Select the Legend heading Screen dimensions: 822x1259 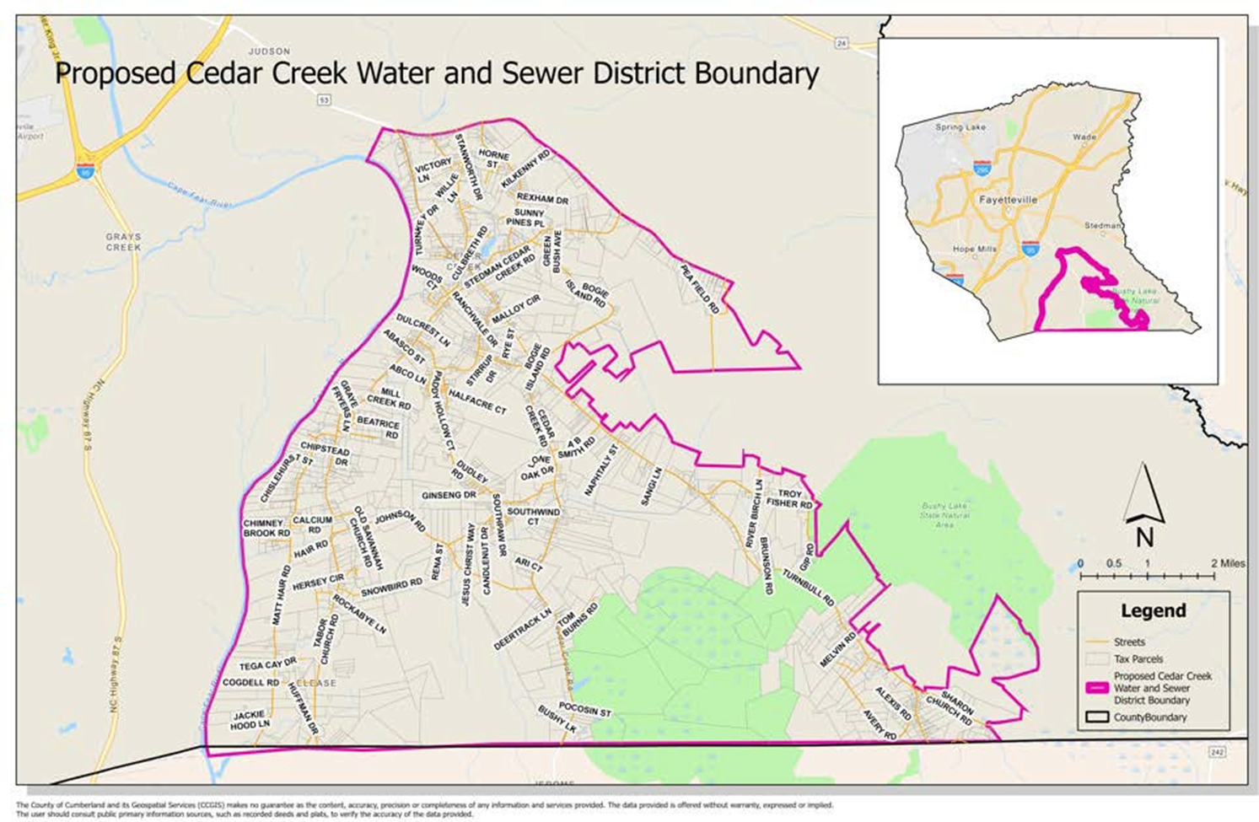[1153, 610]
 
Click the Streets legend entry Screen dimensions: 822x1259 [1129, 642]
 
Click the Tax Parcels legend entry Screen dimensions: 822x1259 [1138, 659]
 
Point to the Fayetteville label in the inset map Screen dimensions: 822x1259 [1008, 200]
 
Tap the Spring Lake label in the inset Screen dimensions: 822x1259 [960, 127]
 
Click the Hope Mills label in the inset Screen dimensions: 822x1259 [974, 250]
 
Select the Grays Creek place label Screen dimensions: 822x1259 [123, 242]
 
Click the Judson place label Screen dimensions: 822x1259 [270, 51]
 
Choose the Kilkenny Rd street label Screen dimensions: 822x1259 [525, 169]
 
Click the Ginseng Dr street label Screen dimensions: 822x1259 [449, 495]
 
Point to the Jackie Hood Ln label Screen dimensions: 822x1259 [250, 719]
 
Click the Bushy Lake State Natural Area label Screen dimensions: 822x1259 [944, 515]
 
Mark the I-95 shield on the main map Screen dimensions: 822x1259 [85, 169]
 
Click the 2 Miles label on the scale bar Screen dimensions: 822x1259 [1227, 563]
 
